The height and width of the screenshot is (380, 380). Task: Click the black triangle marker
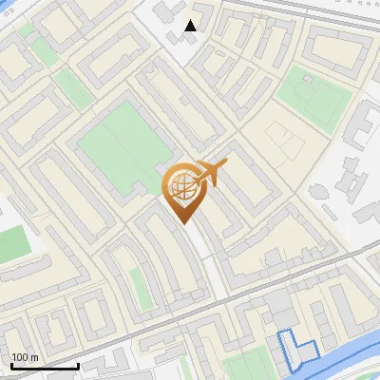click(191, 26)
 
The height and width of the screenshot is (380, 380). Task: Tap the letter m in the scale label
click(34, 357)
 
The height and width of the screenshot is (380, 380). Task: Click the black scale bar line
click(44, 366)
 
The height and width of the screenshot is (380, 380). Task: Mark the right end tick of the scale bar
click(78, 364)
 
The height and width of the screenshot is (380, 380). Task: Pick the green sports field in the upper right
click(313, 95)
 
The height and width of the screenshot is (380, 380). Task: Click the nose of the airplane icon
click(225, 165)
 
